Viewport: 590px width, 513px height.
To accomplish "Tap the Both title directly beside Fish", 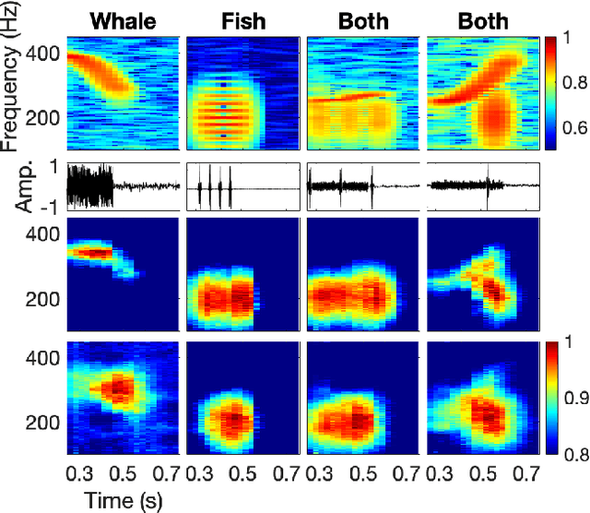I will coord(364,20).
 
